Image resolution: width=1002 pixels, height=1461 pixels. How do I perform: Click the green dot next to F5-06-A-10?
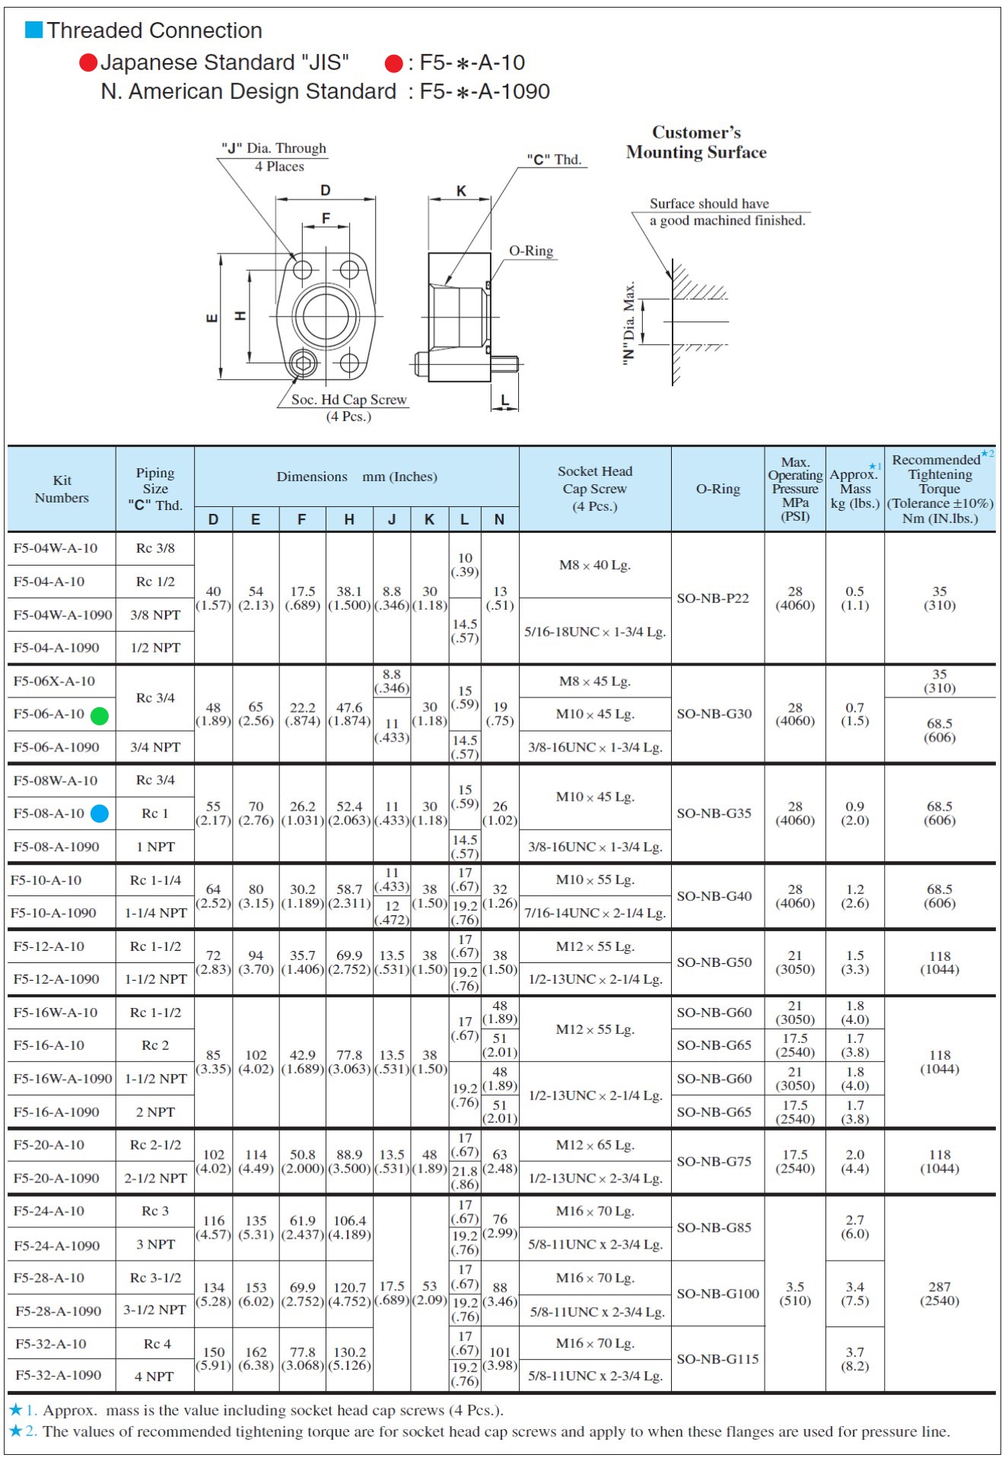(100, 716)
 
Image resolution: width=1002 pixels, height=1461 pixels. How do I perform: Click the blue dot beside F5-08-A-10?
(100, 814)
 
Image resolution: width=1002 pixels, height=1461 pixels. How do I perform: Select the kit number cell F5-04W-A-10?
(56, 548)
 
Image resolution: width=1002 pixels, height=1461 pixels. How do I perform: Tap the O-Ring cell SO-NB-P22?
(713, 598)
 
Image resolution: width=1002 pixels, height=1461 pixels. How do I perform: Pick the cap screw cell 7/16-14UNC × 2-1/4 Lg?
(595, 913)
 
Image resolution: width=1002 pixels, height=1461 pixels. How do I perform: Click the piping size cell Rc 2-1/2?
(155, 1145)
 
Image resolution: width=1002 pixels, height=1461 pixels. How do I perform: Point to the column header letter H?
(349, 519)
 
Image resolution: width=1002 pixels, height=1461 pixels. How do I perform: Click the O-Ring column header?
(717, 489)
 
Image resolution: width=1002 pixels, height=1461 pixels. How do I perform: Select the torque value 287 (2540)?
(940, 1294)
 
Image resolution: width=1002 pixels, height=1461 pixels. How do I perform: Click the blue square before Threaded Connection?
(33, 30)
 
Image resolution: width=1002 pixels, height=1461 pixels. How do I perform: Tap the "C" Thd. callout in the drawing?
(555, 159)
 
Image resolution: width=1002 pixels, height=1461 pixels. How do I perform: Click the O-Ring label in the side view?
(531, 251)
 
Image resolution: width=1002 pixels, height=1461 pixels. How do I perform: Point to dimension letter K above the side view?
(461, 191)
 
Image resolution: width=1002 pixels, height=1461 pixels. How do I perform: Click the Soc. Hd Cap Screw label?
(348, 400)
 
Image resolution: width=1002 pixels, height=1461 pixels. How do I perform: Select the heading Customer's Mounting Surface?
(696, 142)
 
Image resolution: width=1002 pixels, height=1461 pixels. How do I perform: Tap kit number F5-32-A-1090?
(58, 1375)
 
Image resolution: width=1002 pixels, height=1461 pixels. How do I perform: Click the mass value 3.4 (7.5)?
(854, 1294)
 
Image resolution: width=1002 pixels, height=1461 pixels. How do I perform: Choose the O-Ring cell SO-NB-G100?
(717, 1294)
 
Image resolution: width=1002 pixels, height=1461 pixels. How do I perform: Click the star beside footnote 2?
(16, 1431)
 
